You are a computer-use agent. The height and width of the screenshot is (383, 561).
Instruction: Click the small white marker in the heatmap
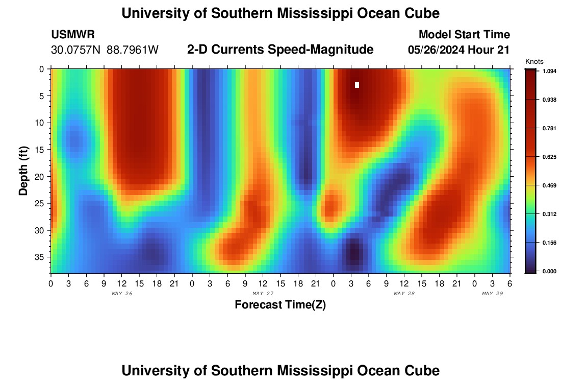[x=357, y=85]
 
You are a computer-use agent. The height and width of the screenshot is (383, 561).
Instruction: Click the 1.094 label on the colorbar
[x=549, y=71]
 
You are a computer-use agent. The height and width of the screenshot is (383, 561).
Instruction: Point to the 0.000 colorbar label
[x=549, y=271]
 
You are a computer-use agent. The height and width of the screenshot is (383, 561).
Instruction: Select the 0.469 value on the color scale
[x=549, y=185]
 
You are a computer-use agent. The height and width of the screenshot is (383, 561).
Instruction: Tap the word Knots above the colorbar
[x=534, y=62]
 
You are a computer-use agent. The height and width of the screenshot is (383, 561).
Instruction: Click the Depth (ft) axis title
[x=23, y=171]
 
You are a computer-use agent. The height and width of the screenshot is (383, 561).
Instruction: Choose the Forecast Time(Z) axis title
[x=280, y=305]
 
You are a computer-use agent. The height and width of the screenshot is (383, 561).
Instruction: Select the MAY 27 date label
[x=263, y=294]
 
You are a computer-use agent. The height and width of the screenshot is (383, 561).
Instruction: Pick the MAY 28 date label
[x=404, y=294]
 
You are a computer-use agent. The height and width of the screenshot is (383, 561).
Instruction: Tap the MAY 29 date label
[x=493, y=294]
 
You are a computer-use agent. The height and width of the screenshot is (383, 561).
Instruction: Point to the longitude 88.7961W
[x=133, y=50]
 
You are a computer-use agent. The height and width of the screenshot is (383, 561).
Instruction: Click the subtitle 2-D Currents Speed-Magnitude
[x=280, y=50]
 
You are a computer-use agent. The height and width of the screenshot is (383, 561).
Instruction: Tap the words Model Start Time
[x=464, y=35]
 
